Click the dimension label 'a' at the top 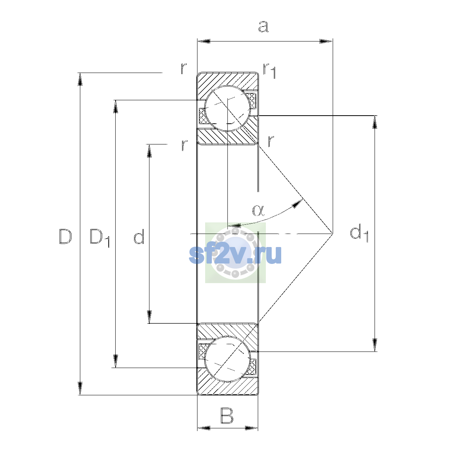(x=264, y=27)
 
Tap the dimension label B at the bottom (x=227, y=416)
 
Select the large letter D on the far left (x=65, y=237)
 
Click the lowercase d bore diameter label (x=139, y=236)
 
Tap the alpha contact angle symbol (x=259, y=211)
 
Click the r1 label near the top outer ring (x=270, y=71)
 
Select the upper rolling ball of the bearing (x=227, y=108)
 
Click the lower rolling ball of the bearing (x=227, y=359)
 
